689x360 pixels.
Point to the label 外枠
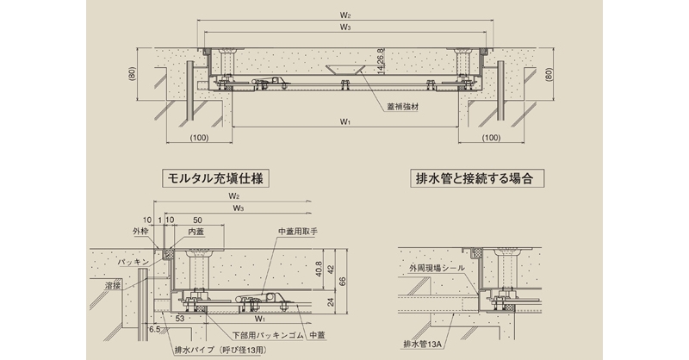pos(140,231)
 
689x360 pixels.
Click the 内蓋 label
pos(197,231)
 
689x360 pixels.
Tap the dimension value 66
pos(343,279)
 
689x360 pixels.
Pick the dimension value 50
pos(198,220)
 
